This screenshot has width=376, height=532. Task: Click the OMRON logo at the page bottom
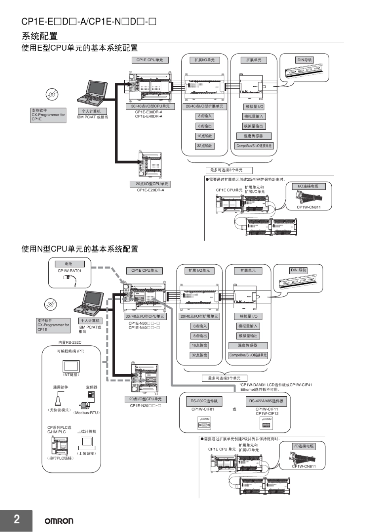pyautogui.click(x=59, y=521)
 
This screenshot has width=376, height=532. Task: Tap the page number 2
pyautogui.click(x=17, y=519)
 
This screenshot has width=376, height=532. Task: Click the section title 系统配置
pyautogui.click(x=40, y=36)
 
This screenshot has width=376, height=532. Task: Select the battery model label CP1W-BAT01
pyautogui.click(x=69, y=271)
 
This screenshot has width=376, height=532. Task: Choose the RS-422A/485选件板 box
pyautogui.click(x=266, y=401)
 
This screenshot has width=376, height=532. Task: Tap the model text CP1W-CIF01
pyautogui.click(x=203, y=409)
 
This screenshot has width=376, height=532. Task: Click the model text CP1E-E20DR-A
pyautogui.click(x=150, y=190)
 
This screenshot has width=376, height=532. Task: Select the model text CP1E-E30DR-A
pyautogui.click(x=148, y=112)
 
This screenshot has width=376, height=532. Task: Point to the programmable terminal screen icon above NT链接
pyautogui.click(x=71, y=366)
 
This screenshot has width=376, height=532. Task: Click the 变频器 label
pyautogui.click(x=91, y=387)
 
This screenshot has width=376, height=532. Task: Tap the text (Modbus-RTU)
pyautogui.click(x=87, y=413)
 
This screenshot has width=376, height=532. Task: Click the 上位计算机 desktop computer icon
pyautogui.click(x=87, y=443)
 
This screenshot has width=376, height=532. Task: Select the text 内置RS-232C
pyautogui.click(x=70, y=343)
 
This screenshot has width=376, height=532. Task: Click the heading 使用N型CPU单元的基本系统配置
pyautogui.click(x=80, y=249)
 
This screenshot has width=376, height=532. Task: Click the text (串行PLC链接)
pyautogui.click(x=61, y=458)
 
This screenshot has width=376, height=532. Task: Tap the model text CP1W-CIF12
pyautogui.click(x=267, y=414)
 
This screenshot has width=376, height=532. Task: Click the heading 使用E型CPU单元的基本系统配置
pyautogui.click(x=80, y=48)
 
